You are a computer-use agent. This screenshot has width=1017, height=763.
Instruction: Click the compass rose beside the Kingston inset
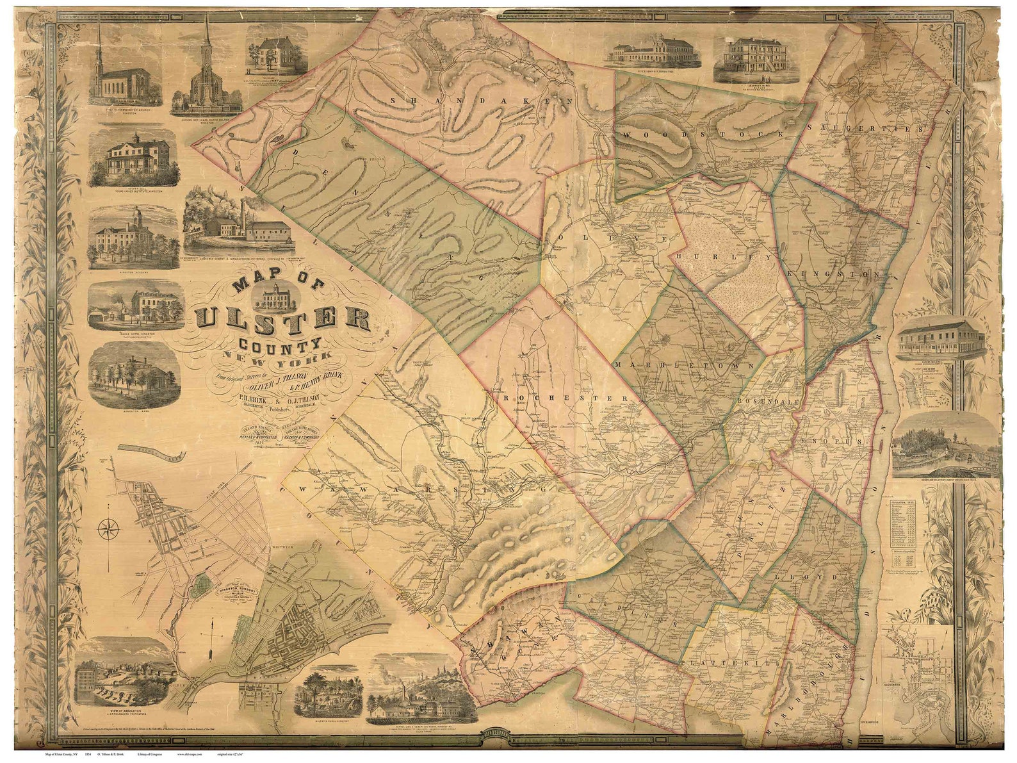(110, 529)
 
